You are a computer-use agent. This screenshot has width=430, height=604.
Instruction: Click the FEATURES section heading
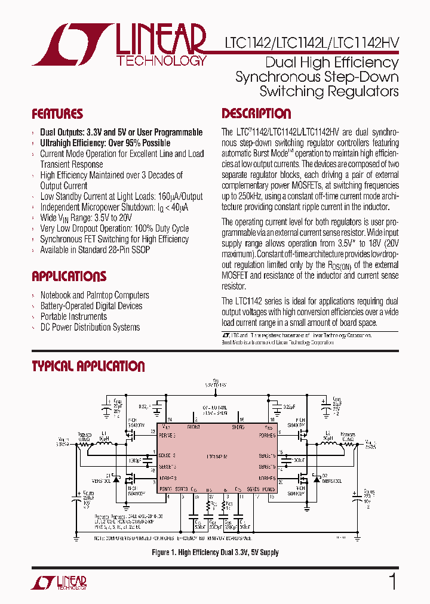57,114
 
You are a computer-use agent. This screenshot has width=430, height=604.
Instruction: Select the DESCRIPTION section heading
256,114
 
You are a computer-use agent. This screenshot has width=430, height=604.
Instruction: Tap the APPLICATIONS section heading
69,276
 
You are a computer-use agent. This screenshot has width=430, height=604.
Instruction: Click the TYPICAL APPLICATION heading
88,366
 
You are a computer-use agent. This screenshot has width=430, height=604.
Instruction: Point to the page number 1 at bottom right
392,581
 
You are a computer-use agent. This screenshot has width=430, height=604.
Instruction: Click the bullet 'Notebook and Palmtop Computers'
94,295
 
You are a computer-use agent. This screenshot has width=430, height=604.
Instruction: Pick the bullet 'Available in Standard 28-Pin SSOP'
94,249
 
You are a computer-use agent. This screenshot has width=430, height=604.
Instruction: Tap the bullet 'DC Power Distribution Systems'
90,327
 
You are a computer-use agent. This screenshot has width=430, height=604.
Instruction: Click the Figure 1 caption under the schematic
215,553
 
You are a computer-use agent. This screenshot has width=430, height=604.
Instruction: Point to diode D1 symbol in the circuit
117,478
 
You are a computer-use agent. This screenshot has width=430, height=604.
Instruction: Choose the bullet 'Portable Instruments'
73,316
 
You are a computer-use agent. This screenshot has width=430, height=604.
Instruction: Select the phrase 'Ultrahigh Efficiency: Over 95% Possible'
105,143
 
